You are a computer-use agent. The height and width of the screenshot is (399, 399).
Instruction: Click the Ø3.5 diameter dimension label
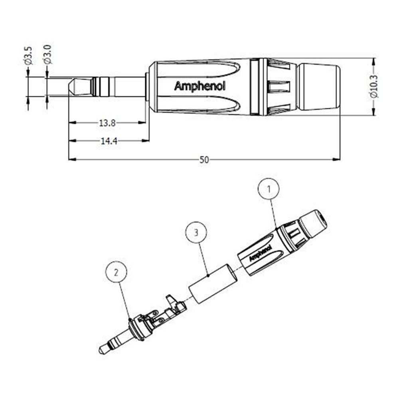point(28,55)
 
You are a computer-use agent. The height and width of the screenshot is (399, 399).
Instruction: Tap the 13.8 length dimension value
point(107,123)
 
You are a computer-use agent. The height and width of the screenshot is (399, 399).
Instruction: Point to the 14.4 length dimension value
point(107,141)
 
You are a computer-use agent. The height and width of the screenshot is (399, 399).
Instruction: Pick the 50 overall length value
point(204,160)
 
